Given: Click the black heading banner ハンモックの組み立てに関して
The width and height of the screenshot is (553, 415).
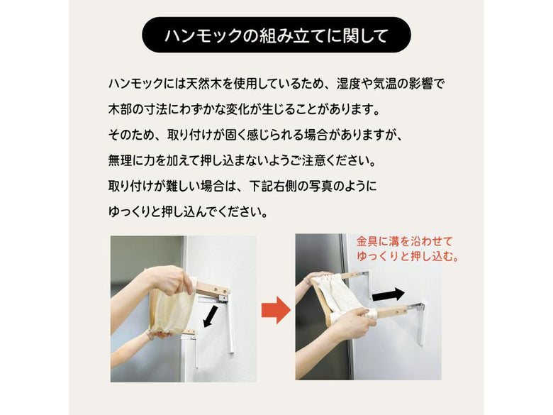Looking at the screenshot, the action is (x=276, y=35).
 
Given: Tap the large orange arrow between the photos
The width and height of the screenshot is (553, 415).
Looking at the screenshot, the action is (x=276, y=310).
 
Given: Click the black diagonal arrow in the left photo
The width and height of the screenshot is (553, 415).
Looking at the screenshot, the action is (x=211, y=316).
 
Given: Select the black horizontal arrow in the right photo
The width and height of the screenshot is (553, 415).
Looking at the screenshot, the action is (x=389, y=294).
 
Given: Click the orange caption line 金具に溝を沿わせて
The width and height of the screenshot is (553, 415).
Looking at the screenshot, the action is (x=405, y=241).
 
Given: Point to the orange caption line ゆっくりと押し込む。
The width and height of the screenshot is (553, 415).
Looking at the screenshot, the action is (x=408, y=256).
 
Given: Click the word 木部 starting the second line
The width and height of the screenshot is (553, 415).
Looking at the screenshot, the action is (x=120, y=109).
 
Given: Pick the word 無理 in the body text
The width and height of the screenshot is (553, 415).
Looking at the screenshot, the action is (x=120, y=160).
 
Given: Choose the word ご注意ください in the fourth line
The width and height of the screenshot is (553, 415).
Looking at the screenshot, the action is (x=329, y=160).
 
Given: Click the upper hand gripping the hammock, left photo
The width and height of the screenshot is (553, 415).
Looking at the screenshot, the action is (x=167, y=280).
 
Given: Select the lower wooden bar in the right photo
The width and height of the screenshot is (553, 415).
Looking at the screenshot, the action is (x=392, y=311).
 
